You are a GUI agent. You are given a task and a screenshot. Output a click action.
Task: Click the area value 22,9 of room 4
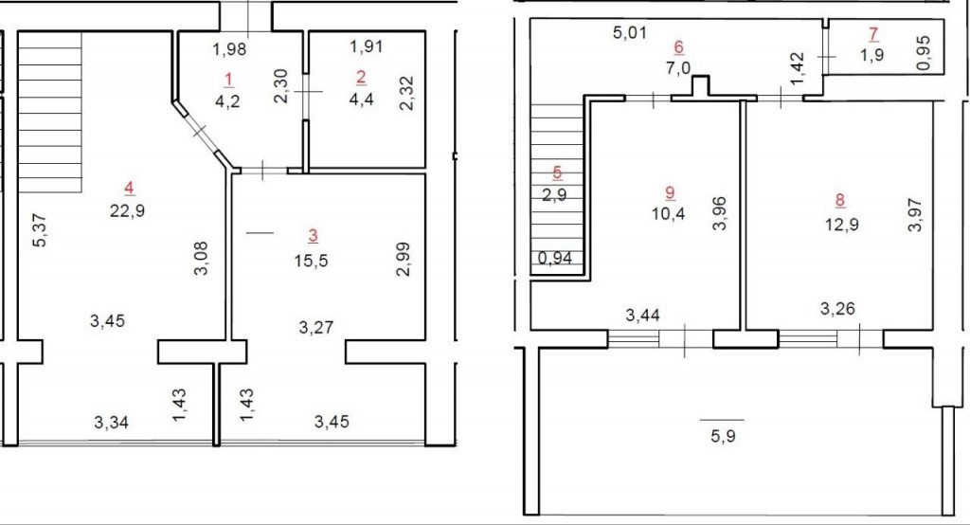coord(128,210)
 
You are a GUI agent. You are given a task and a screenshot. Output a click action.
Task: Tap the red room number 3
coord(313,235)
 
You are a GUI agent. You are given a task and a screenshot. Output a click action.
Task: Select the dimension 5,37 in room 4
coord(39,230)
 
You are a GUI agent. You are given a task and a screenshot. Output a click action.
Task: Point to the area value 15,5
coord(311,261)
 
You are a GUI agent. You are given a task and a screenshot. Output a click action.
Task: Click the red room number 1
coord(229,80)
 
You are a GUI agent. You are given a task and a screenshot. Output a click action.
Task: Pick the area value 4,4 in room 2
coord(361,100)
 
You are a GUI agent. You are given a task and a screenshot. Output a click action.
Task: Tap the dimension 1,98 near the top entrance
coord(230,49)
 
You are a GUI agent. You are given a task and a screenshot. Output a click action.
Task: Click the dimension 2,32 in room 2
coord(406,93)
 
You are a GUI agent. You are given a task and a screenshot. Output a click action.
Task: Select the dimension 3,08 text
coord(201,258)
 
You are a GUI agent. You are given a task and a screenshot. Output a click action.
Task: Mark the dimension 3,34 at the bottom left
coord(112,423)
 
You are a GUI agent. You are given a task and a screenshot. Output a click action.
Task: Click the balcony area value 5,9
coord(723,436)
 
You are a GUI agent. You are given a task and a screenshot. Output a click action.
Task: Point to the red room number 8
coord(839,200)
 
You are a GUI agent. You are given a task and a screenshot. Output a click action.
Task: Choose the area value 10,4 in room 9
coord(668,214)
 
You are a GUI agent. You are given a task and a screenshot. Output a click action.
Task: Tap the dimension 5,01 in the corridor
coord(630,32)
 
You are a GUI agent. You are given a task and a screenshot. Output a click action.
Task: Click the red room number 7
coord(872,34)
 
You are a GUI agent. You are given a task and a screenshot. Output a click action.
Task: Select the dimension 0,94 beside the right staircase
coord(555,258)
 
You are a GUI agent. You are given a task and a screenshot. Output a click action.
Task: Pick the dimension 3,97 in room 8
coord(915,215)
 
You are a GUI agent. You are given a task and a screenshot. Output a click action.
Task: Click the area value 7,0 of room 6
coord(678,67)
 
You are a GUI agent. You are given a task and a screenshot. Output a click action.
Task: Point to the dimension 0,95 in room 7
coord(923,53)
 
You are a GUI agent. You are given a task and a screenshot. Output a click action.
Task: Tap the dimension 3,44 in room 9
coord(643,316)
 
